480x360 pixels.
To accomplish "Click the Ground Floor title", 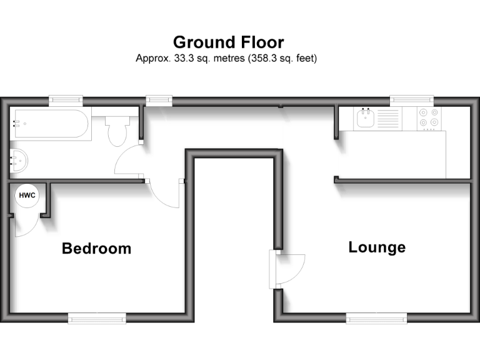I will click(x=228, y=42).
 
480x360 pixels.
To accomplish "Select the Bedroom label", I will click(x=96, y=249).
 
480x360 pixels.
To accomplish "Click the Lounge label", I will click(x=376, y=247).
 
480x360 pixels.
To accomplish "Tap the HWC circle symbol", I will click(x=27, y=196).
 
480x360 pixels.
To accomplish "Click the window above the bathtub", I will click(x=66, y=99).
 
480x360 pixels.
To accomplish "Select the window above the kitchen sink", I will click(x=411, y=99).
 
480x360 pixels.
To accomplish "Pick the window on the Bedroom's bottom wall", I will click(x=97, y=319).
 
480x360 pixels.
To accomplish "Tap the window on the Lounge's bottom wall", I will click(x=376, y=319).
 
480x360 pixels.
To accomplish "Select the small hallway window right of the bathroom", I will click(x=159, y=99).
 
